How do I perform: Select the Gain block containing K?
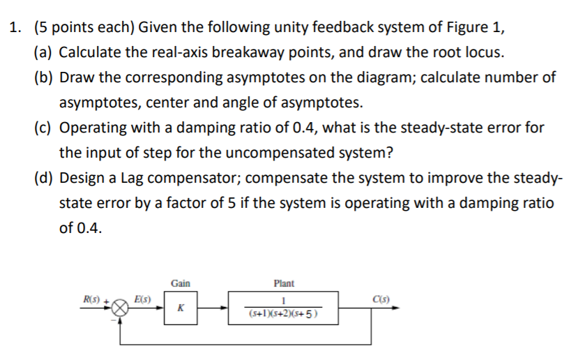tap(181, 308)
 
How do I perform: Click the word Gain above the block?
tap(181, 283)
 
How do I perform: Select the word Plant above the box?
tap(284, 283)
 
